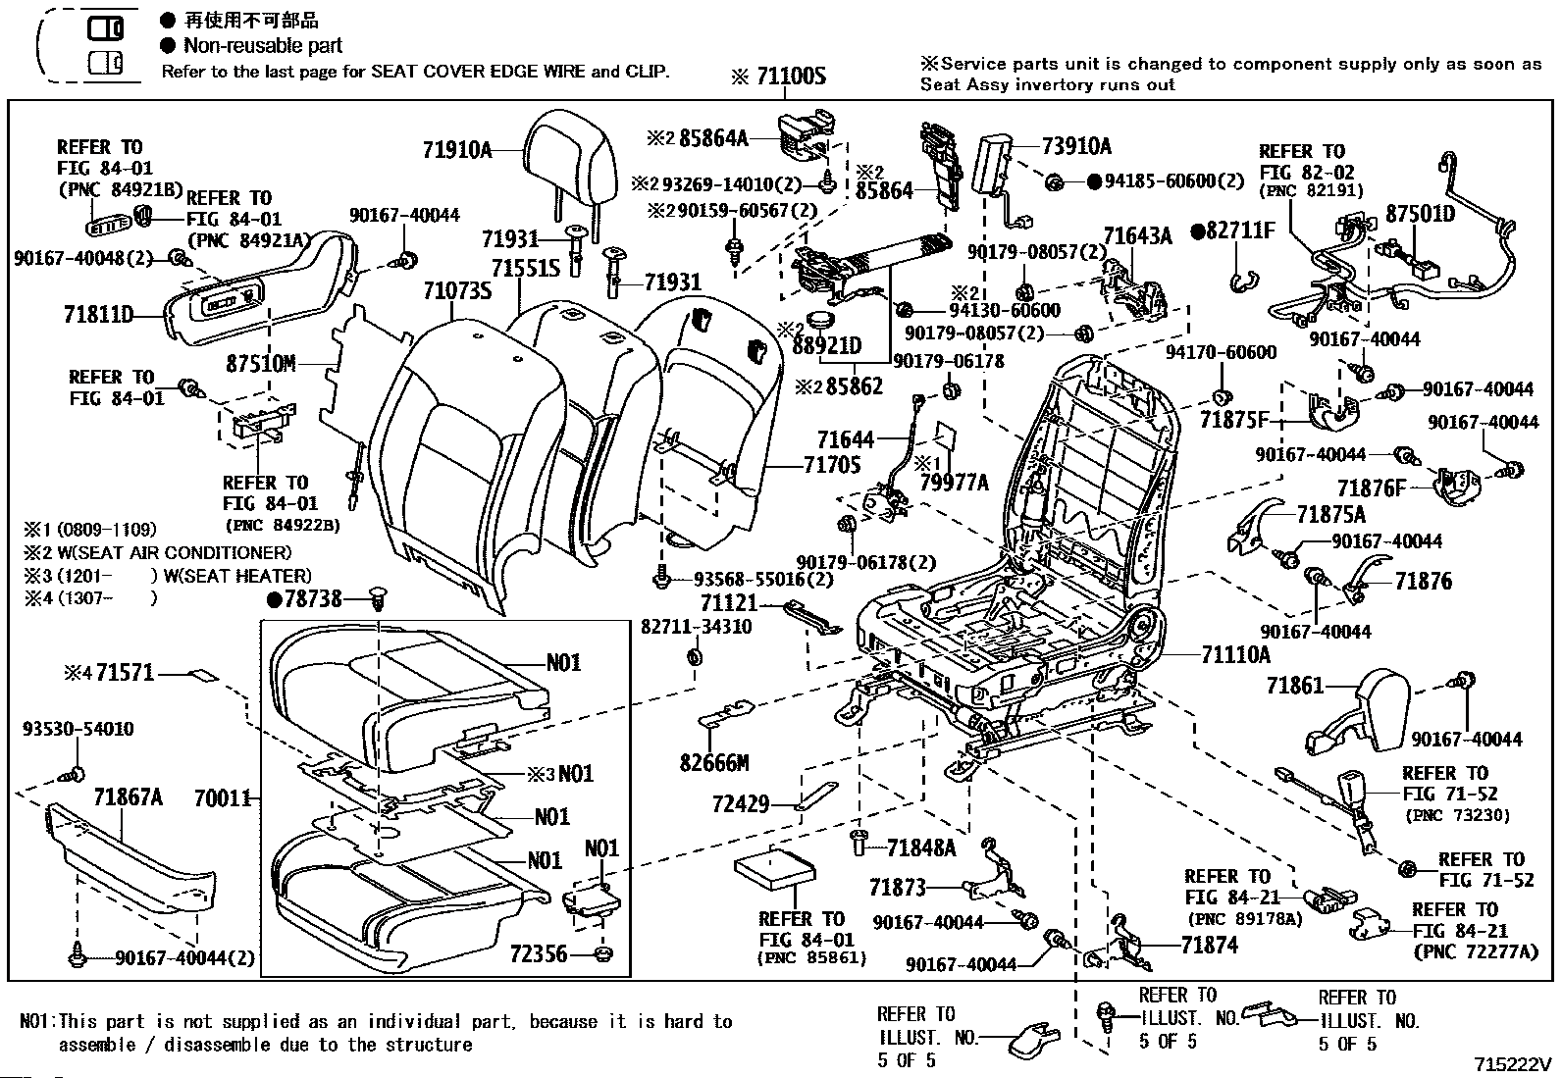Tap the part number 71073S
coord(457,290)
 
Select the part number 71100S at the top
coord(791,76)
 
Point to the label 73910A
coord(1076,146)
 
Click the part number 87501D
coord(1421,214)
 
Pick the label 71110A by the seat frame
coord(1235,655)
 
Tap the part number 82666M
coord(714,763)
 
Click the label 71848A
coord(921,847)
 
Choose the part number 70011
coord(222,797)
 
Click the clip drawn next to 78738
coord(379,599)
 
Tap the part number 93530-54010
coord(78,729)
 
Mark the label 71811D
coord(98,315)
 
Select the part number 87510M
coord(261,363)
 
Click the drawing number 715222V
coord(1513,1064)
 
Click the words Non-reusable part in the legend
coord(263,45)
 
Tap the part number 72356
coord(539,953)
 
